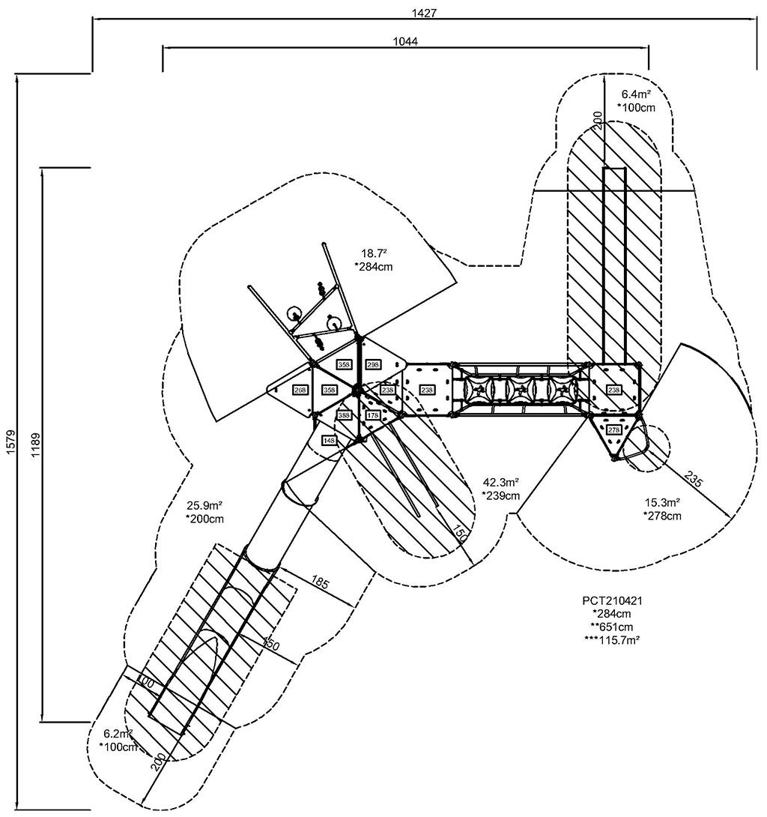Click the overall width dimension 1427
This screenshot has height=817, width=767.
424,12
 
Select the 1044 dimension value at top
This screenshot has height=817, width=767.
405,41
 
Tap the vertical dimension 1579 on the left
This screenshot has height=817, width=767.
11,441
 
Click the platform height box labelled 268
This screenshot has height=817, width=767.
300,391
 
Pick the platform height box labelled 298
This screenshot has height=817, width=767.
374,364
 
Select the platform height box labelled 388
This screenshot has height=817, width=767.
344,415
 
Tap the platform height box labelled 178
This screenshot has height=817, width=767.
373,415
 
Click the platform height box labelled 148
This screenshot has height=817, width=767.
330,440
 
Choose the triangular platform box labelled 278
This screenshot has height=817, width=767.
614,429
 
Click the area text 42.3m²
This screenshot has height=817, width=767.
501,483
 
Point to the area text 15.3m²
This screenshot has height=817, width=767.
663,502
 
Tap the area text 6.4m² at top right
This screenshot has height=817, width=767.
636,94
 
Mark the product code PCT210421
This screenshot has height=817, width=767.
613,600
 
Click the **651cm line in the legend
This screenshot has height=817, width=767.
613,626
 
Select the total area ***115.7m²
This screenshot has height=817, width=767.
613,639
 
